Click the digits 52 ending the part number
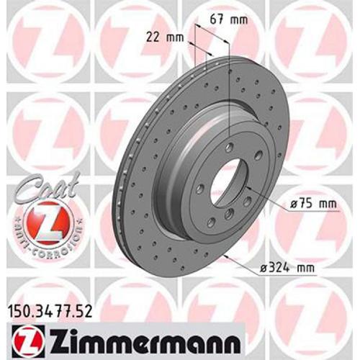(x=86, y=312)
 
